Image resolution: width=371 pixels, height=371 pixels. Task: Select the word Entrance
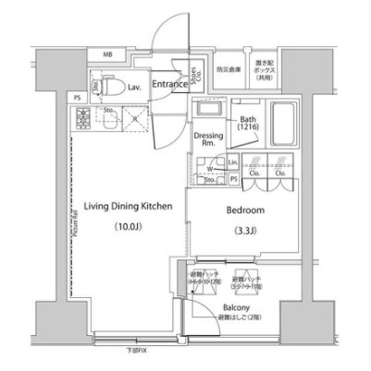tap(169, 84)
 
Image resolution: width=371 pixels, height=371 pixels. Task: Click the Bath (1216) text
tap(247, 124)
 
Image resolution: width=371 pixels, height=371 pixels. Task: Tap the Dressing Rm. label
tap(206, 139)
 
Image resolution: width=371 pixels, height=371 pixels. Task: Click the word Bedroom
tap(245, 209)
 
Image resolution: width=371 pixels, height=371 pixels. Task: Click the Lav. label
tap(135, 86)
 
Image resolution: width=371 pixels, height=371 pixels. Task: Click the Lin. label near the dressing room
tap(234, 161)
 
